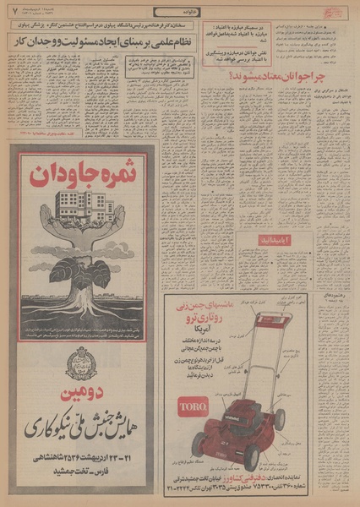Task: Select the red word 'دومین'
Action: (x=82, y=394)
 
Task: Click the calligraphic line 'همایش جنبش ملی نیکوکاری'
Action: (x=82, y=428)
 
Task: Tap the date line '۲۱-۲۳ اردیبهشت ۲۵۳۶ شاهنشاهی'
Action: (x=82, y=461)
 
